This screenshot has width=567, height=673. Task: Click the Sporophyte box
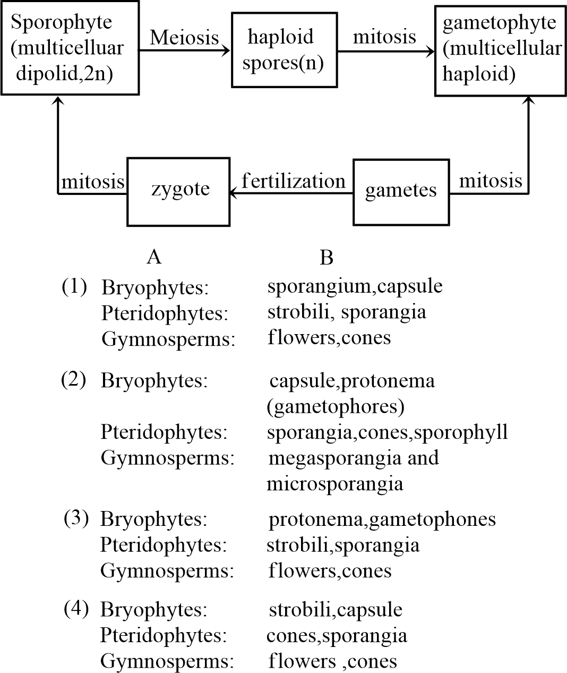click(70, 48)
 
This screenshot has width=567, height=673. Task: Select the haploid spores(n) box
click(285, 50)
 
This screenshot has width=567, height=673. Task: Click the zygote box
click(178, 191)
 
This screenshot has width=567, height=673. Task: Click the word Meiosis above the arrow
click(184, 37)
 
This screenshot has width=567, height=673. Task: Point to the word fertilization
click(293, 181)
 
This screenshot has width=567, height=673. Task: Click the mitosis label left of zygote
click(93, 182)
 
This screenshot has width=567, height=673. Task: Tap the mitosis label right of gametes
click(491, 181)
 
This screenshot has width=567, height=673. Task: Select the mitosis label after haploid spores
click(384, 37)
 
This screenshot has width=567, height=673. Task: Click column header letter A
click(154, 257)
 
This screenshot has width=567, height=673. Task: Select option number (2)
click(74, 380)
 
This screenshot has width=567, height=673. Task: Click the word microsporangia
click(334, 484)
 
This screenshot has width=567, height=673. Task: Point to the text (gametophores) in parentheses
click(336, 407)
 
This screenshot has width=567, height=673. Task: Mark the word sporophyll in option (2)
click(461, 432)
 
